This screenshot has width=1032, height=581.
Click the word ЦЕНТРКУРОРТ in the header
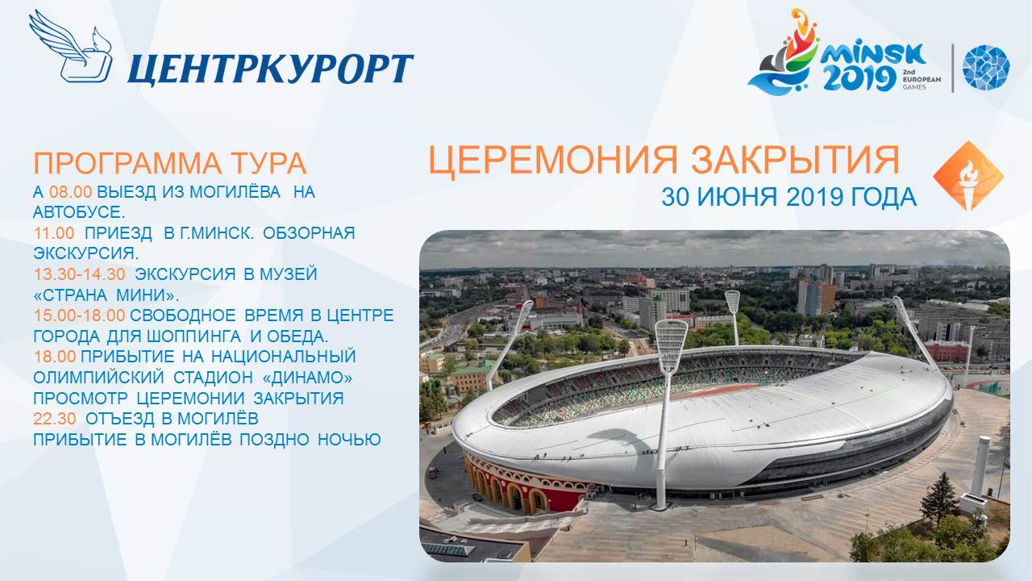270,69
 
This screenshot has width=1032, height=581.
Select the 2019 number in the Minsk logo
859,78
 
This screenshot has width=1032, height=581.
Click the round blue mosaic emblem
986,67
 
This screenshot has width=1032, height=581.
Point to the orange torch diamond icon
968,176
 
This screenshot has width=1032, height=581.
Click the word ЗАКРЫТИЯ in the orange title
795,160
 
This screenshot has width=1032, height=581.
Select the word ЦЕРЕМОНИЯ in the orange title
553,161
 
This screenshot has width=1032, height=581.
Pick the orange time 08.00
70,192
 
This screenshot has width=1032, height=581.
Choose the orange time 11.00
54,233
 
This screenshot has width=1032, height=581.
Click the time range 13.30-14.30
79,274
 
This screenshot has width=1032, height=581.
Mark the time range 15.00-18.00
79,316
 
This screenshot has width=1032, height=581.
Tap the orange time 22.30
54,419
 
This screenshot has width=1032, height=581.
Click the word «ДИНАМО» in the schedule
307,378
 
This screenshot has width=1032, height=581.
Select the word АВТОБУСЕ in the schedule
77,212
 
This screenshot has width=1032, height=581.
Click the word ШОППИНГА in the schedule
194,336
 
